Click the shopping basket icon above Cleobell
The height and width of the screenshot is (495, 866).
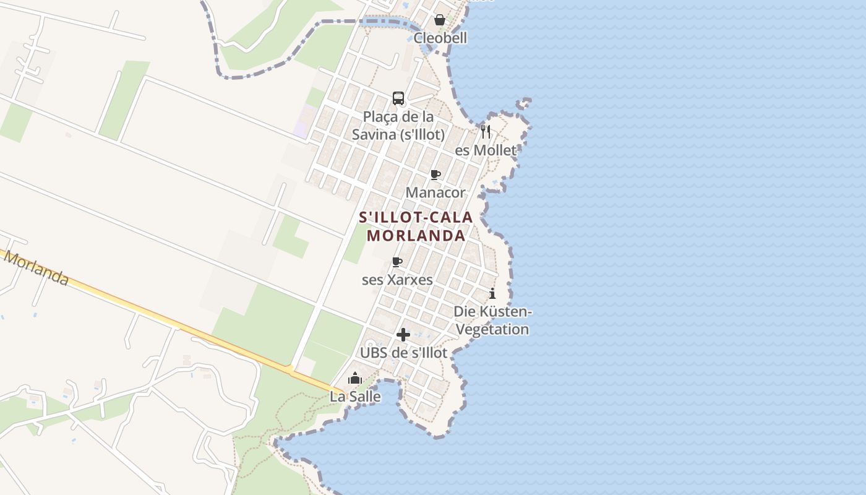pos(439,20)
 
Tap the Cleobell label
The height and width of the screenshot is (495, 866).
pos(440,38)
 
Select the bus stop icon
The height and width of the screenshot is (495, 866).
pos(398,98)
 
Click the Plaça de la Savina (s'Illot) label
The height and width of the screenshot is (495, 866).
pos(398,125)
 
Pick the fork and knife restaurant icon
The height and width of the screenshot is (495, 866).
pos(486,132)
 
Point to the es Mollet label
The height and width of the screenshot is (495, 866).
pos(486,150)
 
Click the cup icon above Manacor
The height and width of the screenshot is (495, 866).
pos(435,174)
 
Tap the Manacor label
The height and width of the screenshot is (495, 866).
pos(435,192)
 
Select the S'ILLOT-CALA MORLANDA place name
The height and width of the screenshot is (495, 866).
pos(416,226)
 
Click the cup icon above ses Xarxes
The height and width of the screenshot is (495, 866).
pos(397,262)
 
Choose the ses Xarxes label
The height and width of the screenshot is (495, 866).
pos(397,280)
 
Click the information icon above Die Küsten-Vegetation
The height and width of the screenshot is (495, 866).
pos(492,293)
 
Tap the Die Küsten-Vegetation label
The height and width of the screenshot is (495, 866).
pos(493,320)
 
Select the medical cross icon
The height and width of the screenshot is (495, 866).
pos(403,335)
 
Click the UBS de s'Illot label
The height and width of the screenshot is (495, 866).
pos(403,353)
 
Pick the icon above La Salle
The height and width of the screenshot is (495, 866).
pos(355,378)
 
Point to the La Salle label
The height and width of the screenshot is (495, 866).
pos(355,397)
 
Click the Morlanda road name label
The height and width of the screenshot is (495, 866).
pos(36,269)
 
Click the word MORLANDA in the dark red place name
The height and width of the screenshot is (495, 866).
pos(416,236)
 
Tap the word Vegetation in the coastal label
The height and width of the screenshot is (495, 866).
pos(493,329)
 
